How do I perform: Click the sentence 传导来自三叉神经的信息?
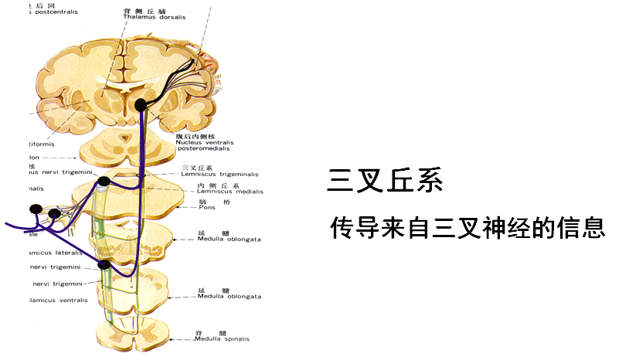coord(467,228)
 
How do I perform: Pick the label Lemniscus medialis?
coord(230,192)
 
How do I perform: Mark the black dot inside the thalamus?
coord(141,104)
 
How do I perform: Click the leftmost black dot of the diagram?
coord(36,209)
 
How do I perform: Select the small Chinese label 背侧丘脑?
coord(140,13)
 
